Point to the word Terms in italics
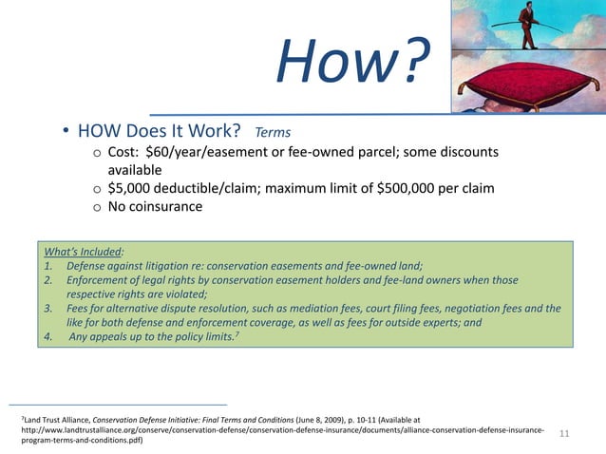point(272,132)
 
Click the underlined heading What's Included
point(83,252)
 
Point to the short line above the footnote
point(118,404)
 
